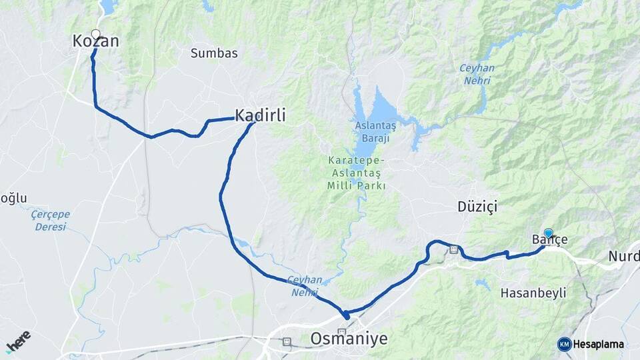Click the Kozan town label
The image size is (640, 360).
click(95, 42)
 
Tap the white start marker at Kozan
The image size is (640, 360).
click(95, 34)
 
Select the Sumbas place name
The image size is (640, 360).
click(214, 53)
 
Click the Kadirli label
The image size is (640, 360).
click(260, 115)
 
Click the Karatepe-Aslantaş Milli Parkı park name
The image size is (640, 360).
click(356, 173)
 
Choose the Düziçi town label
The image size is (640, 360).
click(477, 207)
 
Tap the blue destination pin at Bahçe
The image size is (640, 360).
click(548, 233)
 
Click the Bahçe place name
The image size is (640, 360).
click(549, 240)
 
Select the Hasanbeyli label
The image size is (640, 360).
click(533, 293)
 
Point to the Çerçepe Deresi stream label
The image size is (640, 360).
click(51, 221)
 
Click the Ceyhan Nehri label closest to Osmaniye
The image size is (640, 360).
click(305, 286)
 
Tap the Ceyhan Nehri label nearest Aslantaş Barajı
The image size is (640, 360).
click(475, 74)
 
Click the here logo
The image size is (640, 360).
click(18, 340)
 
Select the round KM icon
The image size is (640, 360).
click(564, 344)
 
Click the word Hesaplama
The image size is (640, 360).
click(599, 344)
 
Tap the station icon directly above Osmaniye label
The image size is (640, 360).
click(342, 331)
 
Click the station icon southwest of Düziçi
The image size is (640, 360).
click(454, 250)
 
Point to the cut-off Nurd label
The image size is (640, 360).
click(624, 257)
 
